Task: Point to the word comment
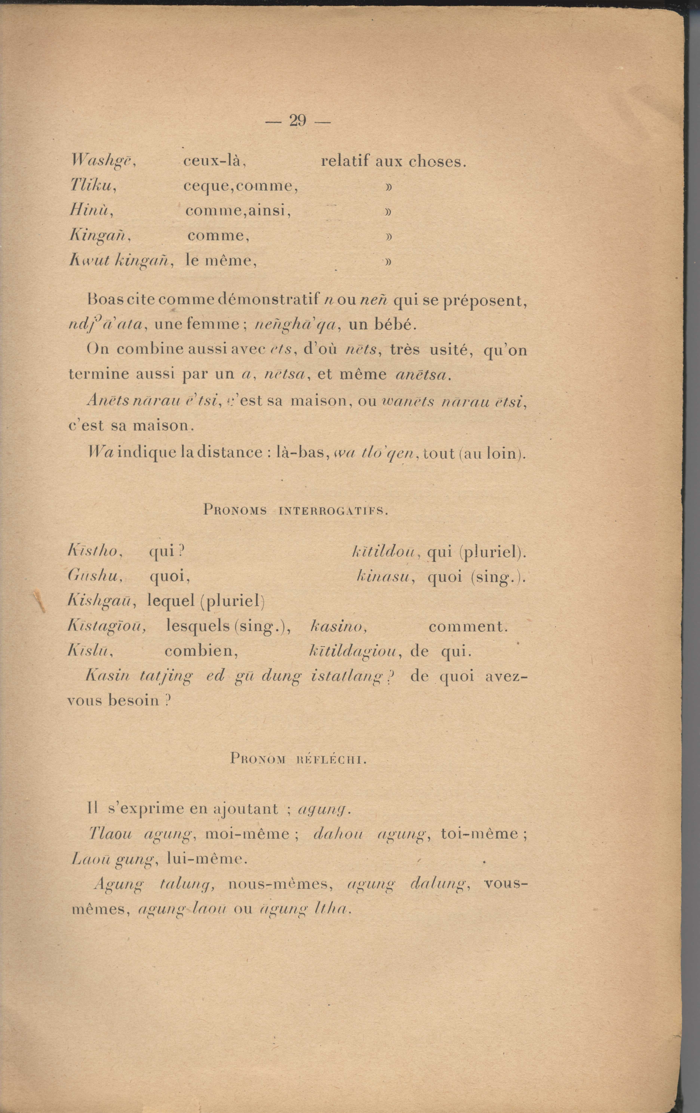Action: [x=468, y=627]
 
